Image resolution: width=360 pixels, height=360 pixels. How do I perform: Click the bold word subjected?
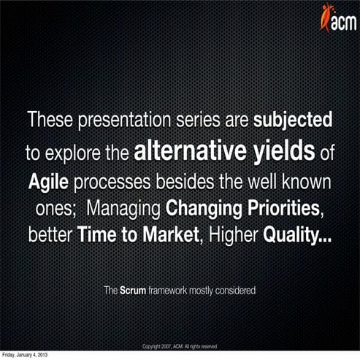293,119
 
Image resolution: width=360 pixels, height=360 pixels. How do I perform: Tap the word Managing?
124,209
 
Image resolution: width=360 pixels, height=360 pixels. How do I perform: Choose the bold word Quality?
297,237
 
